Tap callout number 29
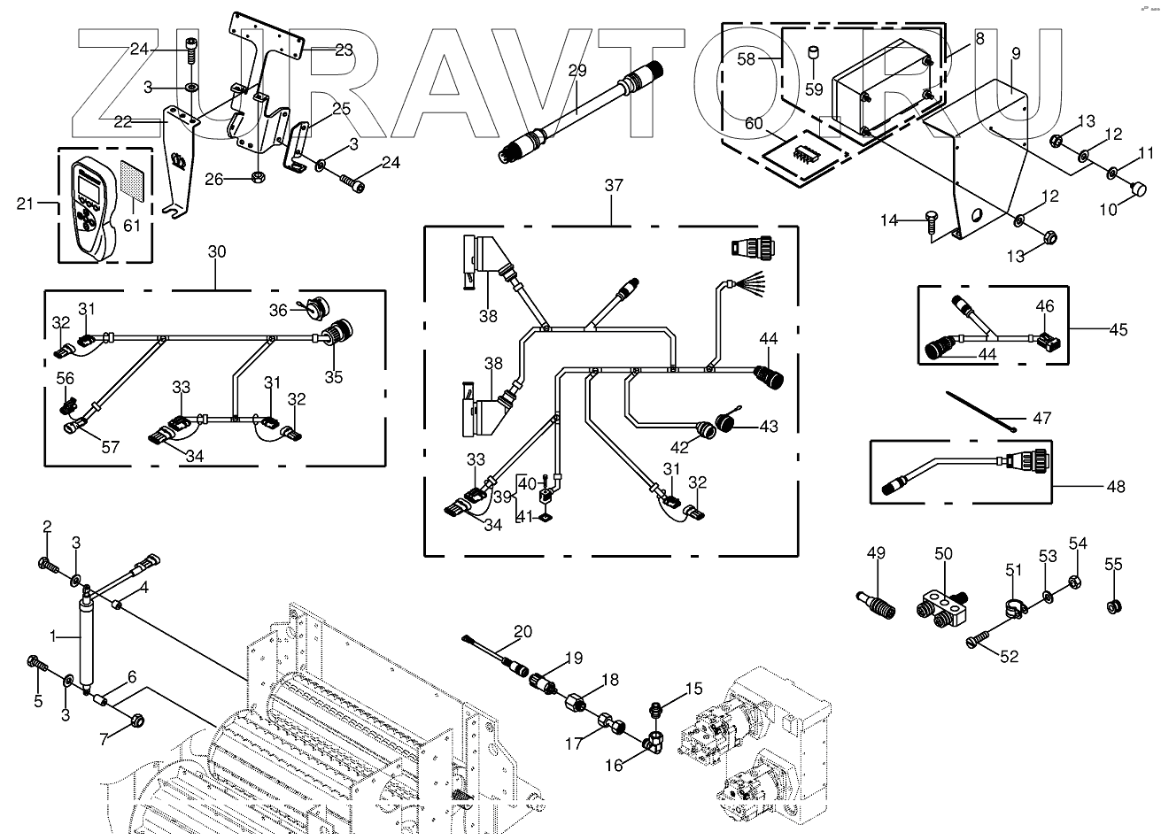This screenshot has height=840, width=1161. click(x=577, y=71)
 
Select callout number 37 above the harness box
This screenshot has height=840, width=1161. click(x=613, y=186)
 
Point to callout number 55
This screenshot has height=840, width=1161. click(x=1113, y=564)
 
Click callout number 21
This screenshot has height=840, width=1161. click(x=27, y=205)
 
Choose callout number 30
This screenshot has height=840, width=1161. click(x=217, y=251)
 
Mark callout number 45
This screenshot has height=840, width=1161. click(x=1118, y=329)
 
